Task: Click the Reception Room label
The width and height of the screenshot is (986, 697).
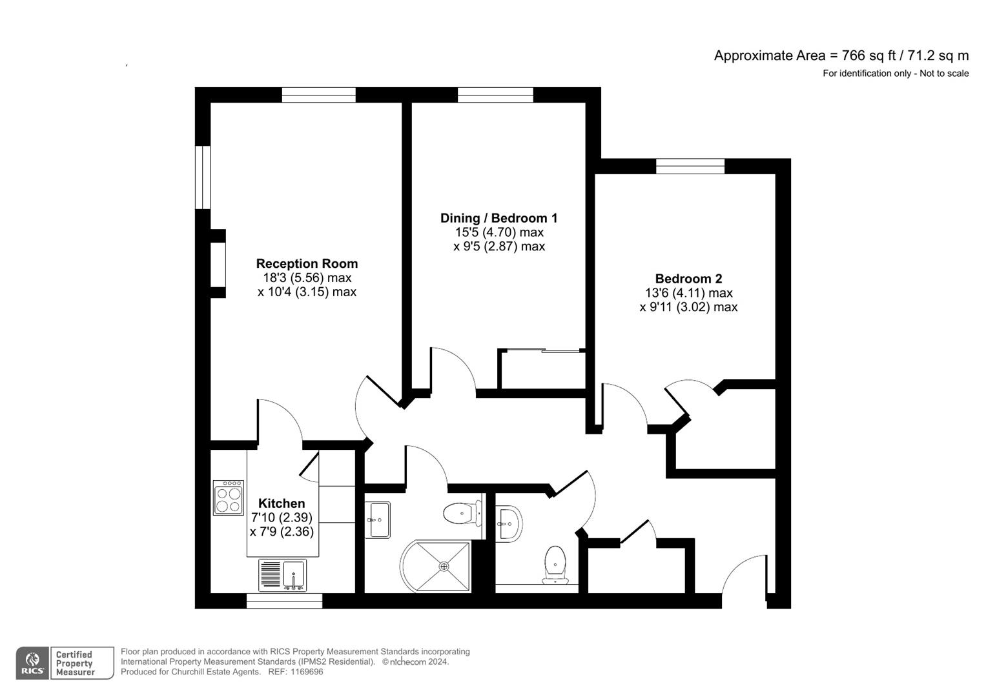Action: [307, 263]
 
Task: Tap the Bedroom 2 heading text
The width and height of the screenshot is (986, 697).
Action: [688, 279]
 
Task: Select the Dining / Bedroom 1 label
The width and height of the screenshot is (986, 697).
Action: [498, 218]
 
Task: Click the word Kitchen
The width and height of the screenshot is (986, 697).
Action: [282, 503]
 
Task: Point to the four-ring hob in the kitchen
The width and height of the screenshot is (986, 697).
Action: [229, 498]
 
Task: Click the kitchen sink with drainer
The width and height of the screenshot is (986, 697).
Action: [283, 574]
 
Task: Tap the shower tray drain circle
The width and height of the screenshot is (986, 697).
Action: [444, 566]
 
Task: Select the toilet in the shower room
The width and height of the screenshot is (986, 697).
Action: [461, 514]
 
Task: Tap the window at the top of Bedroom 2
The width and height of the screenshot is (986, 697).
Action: [690, 166]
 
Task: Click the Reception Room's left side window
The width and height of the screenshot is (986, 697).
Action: [203, 177]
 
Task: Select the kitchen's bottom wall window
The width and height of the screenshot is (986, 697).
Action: [284, 601]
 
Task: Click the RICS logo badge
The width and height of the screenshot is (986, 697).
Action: [32, 663]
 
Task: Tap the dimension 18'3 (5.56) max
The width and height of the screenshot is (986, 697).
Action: [307, 278]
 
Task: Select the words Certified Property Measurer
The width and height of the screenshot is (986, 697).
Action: [75, 663]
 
